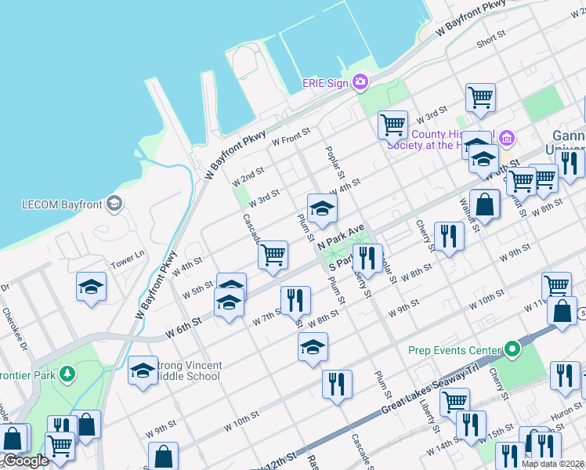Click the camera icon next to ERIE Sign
360,81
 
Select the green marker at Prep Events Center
512,349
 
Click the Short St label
490,38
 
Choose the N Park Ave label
342,234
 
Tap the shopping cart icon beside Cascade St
273,254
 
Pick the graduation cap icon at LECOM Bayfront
114,205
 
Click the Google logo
25,461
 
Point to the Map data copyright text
552,464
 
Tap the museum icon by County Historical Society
507,139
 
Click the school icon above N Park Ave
322,208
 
